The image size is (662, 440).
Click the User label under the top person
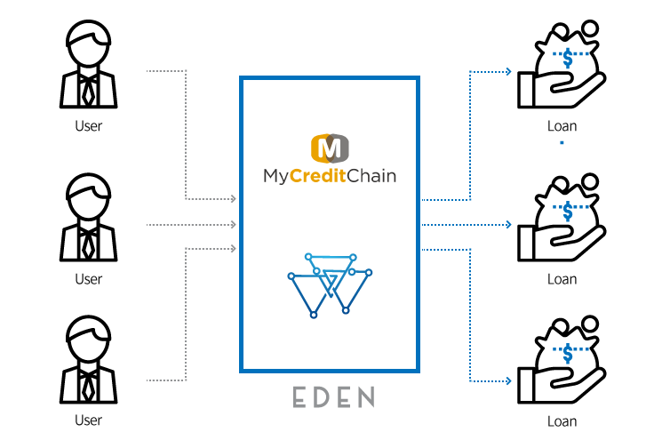[x=88, y=125]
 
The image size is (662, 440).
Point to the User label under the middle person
[x=88, y=279]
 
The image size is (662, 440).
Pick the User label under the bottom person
[x=88, y=420]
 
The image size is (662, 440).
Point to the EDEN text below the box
[x=333, y=396]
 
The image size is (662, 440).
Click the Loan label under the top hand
[x=562, y=125]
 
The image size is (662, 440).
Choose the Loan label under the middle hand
[x=562, y=279]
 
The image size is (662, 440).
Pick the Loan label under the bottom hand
[x=562, y=421]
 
